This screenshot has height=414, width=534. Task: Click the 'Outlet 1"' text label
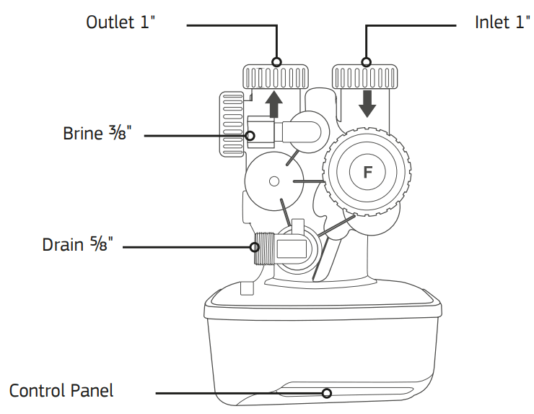(121, 22)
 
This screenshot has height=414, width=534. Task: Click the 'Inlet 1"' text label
(502, 22)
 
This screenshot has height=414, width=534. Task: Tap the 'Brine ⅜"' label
(97, 134)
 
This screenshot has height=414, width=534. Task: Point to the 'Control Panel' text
(61, 391)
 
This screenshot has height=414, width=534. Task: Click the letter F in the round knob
(367, 172)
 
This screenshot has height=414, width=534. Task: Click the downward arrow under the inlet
(367, 103)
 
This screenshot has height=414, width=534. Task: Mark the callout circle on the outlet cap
(276, 62)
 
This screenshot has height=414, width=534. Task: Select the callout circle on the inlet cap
(367, 62)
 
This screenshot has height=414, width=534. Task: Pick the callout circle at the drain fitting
(255, 246)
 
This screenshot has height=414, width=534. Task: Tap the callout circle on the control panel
(327, 393)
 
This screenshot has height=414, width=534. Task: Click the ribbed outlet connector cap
(276, 76)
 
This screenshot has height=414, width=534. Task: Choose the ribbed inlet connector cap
(367, 76)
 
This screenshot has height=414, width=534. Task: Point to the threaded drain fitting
(264, 250)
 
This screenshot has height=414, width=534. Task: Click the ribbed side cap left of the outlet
(232, 123)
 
